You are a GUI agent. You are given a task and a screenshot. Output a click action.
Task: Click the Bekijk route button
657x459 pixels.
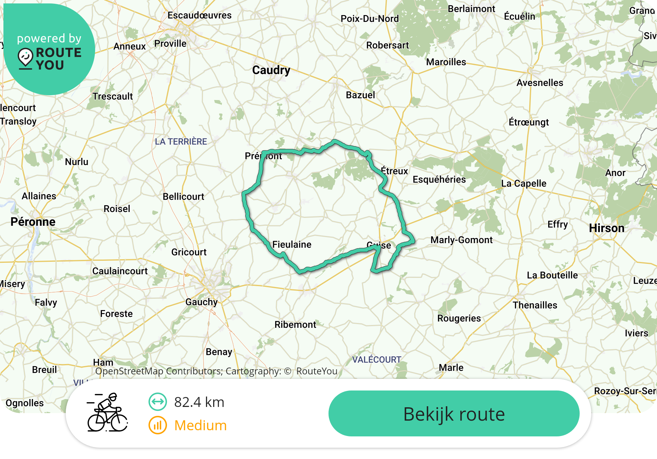tap(454, 414)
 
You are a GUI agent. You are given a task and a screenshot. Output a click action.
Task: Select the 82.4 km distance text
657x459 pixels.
tap(199, 402)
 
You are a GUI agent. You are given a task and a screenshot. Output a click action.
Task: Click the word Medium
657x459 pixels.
tap(201, 425)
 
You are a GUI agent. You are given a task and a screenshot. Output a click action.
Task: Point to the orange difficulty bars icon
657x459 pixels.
tap(157, 425)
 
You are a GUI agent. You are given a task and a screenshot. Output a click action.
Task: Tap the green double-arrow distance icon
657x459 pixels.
tap(157, 402)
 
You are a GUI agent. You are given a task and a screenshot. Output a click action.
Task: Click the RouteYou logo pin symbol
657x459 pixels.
tap(26, 58)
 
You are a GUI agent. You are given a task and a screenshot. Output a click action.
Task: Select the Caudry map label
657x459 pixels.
tap(271, 70)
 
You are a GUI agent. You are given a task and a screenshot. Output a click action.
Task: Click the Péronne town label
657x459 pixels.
tap(33, 222)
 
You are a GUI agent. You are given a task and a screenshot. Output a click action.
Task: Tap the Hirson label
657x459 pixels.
tap(606, 228)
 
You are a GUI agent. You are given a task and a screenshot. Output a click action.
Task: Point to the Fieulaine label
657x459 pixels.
tap(292, 245)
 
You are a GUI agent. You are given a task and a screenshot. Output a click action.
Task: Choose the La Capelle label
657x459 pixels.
tap(524, 184)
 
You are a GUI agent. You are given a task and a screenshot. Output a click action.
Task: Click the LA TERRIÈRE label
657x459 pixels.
tap(181, 141)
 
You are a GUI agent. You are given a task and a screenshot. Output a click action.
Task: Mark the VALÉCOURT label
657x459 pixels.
tap(376, 360)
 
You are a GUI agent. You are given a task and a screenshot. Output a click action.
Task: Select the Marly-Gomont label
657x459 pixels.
tap(461, 240)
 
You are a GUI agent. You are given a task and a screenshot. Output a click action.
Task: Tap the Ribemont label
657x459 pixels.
tap(295, 325)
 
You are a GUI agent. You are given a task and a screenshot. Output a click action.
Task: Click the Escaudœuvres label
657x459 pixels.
tap(199, 15)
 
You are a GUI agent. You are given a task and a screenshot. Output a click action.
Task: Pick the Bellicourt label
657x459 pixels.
tap(183, 197)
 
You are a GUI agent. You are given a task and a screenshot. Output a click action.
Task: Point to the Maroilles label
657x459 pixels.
tap(446, 62)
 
